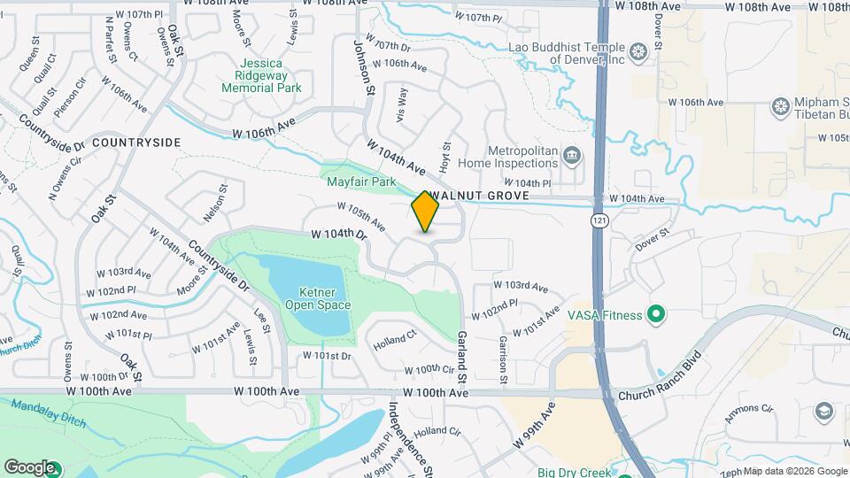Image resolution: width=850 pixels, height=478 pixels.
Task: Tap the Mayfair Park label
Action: (x=360, y=181)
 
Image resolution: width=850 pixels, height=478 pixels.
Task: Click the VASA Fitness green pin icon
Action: (x=655, y=313)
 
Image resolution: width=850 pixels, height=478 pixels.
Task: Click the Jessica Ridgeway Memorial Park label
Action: (x=261, y=75)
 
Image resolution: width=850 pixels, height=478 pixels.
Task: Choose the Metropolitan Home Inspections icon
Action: (x=572, y=157)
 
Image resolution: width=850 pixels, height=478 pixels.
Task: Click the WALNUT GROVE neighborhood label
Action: (x=479, y=195)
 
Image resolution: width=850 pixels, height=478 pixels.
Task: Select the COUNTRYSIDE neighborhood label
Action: (x=135, y=143)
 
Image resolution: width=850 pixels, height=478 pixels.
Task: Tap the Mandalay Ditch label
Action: (x=49, y=413)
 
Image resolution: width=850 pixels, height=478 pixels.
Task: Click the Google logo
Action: (x=29, y=466)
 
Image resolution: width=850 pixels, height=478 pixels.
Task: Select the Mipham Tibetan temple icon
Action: (x=780, y=106)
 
